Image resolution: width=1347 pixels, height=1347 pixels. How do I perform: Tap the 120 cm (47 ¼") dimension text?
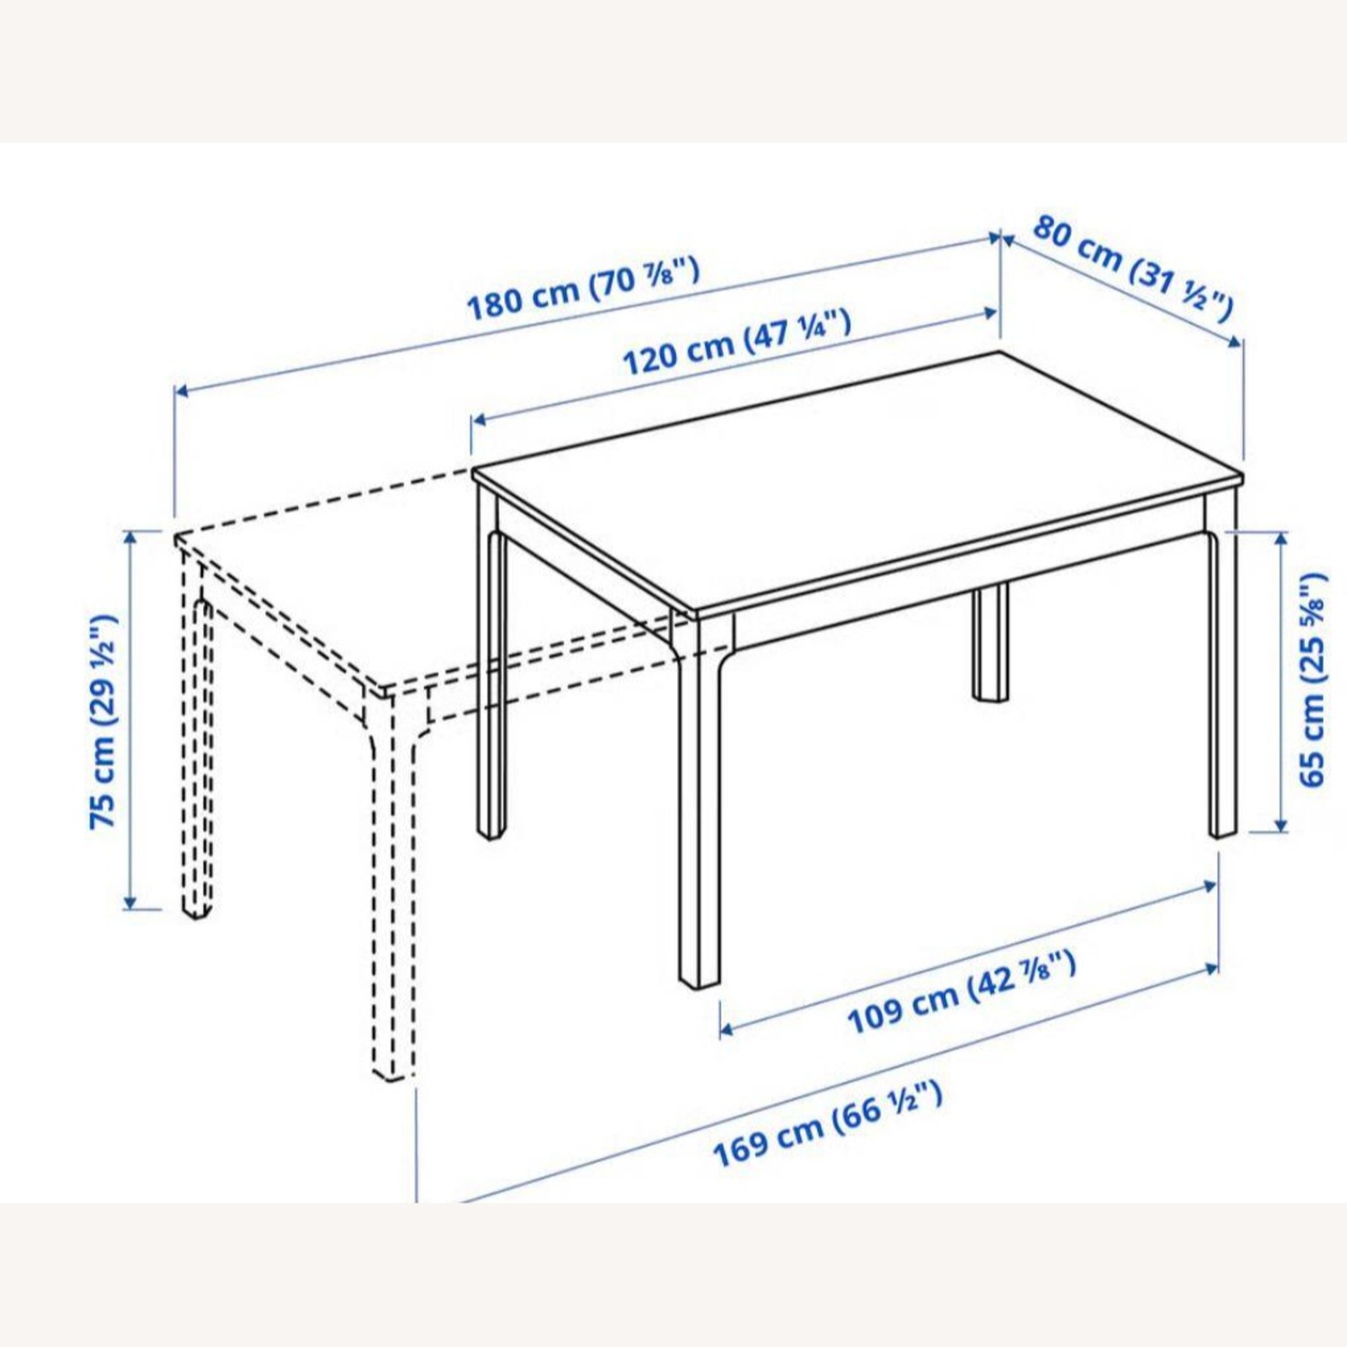click(x=736, y=343)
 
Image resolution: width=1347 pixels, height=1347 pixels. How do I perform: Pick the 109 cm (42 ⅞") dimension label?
click(x=961, y=994)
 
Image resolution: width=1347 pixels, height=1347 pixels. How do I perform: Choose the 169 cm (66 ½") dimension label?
click(x=827, y=1123)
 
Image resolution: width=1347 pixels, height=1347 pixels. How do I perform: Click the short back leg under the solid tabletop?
click(x=990, y=642)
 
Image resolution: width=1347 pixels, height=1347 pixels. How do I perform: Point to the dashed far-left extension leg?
click(x=197, y=754)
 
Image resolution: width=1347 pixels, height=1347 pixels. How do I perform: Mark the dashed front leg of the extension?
click(x=393, y=898)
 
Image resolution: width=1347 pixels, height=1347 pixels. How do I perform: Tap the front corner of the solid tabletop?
click(x=697, y=614)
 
